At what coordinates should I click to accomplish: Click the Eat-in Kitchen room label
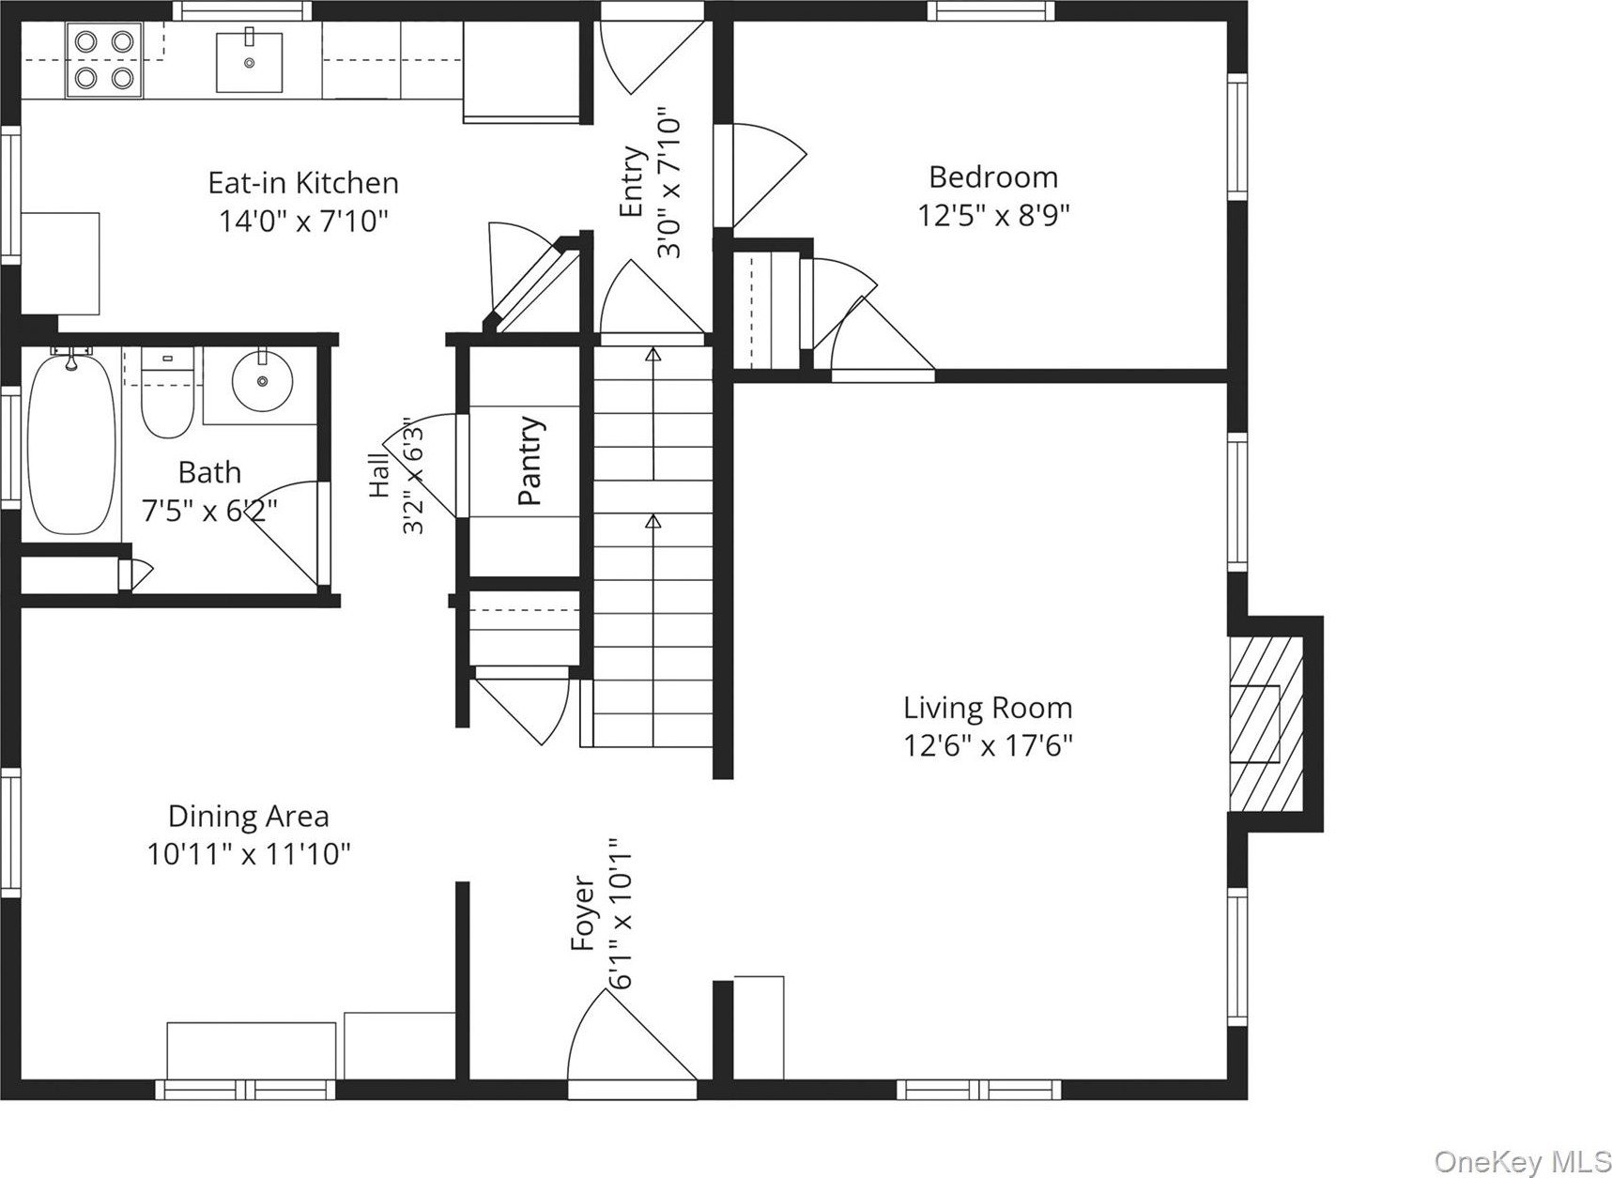(x=303, y=182)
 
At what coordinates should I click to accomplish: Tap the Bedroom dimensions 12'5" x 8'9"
(x=993, y=216)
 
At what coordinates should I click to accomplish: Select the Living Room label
(x=988, y=708)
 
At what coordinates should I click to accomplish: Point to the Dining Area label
(x=249, y=817)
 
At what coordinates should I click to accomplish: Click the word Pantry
(x=530, y=461)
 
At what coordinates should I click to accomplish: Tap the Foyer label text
(x=584, y=913)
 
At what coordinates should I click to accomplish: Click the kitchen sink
(x=249, y=61)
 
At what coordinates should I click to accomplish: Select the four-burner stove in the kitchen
(x=103, y=59)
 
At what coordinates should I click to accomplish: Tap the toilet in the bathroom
(x=167, y=394)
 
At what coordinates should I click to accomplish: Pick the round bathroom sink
(x=262, y=380)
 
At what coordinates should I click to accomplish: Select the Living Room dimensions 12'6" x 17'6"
(x=988, y=746)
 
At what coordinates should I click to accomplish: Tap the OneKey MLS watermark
(x=1521, y=1162)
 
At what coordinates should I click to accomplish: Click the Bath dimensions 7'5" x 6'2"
(x=209, y=511)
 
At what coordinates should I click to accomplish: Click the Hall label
(x=379, y=476)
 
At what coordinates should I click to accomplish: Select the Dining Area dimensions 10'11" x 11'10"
(x=249, y=855)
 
